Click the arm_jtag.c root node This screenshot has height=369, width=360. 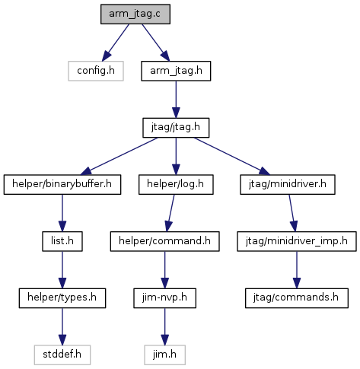pos(135,14)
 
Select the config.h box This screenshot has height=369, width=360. pos(96,71)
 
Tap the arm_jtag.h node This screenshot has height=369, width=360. pos(176,71)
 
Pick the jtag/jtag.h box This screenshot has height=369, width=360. pos(176,128)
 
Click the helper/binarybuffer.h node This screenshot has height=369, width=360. pos(62,185)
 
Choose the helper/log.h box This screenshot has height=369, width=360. pos(176,185)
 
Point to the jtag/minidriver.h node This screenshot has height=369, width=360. pos(288,185)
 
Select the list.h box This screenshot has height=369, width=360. pos(62,241)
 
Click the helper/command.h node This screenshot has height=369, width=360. pos(164,241)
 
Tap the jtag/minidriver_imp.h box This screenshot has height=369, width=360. pos(297,241)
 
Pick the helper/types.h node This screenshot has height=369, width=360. pos(62,298)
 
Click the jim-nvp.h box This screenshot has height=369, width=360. pos(164,298)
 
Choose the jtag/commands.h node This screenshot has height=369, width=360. pos(297,298)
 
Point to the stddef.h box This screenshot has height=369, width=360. pos(62,355)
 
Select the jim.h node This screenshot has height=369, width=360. pos(164,355)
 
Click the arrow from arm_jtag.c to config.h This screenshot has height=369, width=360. pos(116,43)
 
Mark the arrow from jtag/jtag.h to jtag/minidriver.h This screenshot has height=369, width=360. pos(232,156)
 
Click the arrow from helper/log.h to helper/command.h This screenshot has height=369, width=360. pos(170,213)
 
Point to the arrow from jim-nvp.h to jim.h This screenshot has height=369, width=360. pos(164,326)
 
